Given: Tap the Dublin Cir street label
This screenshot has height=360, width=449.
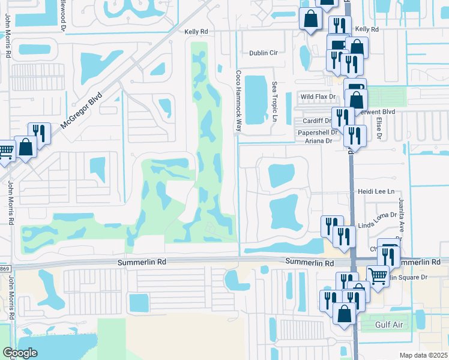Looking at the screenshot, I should click(264, 53).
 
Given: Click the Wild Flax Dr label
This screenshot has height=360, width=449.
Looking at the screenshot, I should click(318, 97).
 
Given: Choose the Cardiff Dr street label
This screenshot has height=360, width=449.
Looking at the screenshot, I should click(317, 121).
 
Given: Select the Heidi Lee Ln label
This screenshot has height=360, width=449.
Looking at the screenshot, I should click(375, 191).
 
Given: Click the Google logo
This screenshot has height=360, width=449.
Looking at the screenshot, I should click(19, 353).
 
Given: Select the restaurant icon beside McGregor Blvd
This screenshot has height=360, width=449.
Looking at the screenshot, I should click(39, 133).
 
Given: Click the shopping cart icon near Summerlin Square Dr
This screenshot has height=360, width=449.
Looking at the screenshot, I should click(378, 277).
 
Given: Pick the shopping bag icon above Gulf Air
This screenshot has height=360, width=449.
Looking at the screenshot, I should click(345, 313).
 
